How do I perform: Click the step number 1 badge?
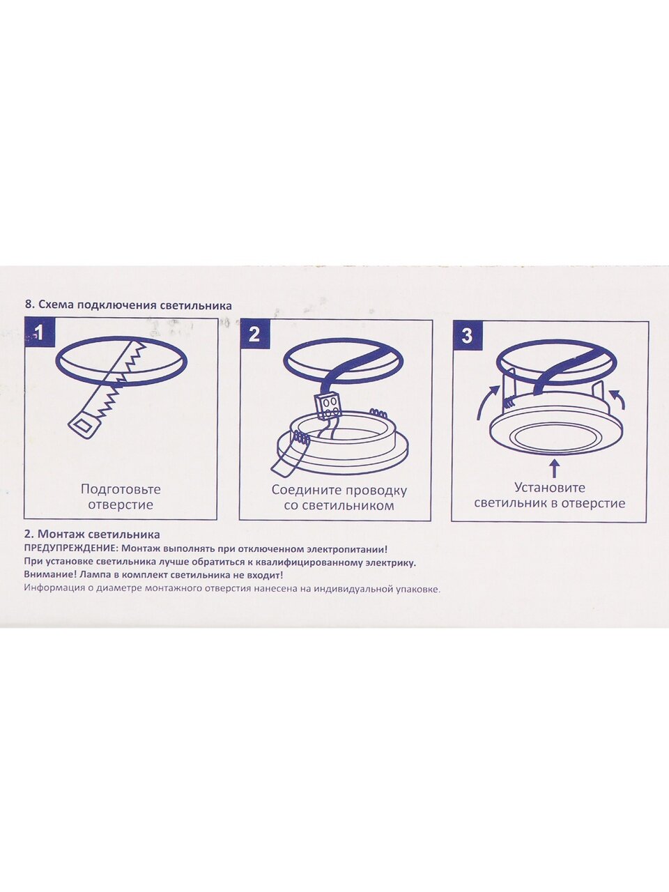tap(40, 333)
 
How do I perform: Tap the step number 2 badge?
tap(254, 334)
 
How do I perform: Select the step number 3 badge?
tap(467, 336)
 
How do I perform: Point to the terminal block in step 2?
tap(328, 406)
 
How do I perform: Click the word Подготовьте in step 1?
tap(121, 490)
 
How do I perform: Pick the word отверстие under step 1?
tap(121, 505)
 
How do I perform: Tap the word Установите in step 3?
tap(550, 487)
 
